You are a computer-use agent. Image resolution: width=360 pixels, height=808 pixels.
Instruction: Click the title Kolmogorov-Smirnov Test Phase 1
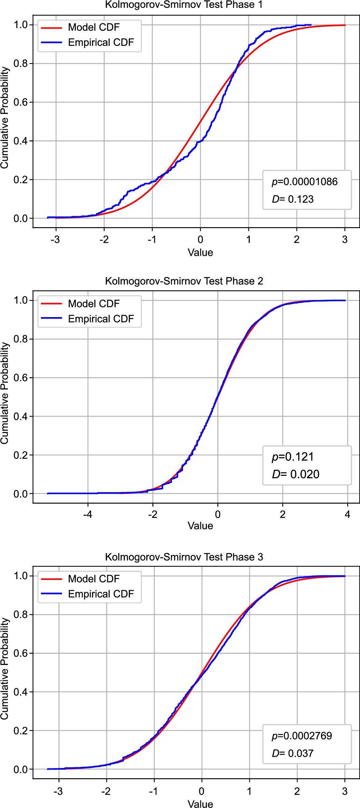click(184, 5)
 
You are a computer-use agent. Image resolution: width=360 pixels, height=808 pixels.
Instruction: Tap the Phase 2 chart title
click(184, 281)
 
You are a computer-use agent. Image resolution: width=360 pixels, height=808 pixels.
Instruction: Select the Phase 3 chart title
click(184, 557)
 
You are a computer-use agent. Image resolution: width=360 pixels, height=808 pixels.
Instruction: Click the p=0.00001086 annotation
click(305, 182)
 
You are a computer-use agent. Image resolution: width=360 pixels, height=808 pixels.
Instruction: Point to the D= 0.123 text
click(293, 199)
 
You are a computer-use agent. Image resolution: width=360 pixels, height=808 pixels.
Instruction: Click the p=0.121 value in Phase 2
click(293, 457)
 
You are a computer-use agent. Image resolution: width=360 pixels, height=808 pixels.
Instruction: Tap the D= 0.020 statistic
click(295, 474)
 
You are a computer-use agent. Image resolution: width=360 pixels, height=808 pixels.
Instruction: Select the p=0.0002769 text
click(302, 735)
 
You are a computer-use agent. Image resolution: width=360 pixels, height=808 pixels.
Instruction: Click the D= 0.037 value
click(293, 753)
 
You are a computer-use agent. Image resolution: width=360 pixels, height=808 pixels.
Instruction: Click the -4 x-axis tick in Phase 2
click(88, 514)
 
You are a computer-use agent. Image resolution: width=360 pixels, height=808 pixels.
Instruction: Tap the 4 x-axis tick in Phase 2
click(347, 514)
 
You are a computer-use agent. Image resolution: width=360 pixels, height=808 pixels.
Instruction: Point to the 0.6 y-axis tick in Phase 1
click(21, 102)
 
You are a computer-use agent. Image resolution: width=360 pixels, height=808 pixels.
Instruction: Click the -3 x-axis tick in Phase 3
click(58, 791)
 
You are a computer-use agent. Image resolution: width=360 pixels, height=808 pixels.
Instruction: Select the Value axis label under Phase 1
click(200, 252)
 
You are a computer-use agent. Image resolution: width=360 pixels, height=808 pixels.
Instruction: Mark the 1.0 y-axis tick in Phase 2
click(21, 300)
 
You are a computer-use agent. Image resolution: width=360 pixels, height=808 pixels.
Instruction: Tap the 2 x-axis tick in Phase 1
click(296, 239)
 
